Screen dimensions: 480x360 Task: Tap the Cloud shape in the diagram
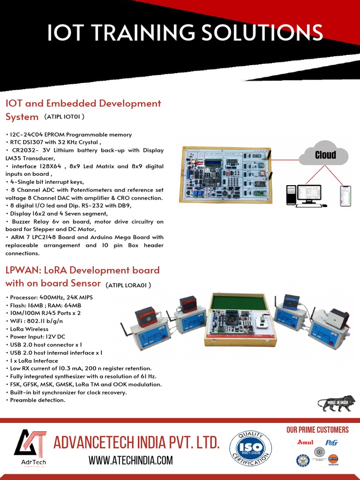325,155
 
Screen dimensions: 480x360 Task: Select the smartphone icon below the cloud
345,195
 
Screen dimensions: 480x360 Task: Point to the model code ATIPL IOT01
64,116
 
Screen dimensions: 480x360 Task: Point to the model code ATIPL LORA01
128,285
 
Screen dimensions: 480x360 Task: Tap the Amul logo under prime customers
305,442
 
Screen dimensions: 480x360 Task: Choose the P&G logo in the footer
332,442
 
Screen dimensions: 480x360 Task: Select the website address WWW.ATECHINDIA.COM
131,461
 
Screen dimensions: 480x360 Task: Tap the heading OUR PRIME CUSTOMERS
317,430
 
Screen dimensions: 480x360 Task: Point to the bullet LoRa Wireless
30,329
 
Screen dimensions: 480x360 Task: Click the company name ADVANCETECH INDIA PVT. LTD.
136,442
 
